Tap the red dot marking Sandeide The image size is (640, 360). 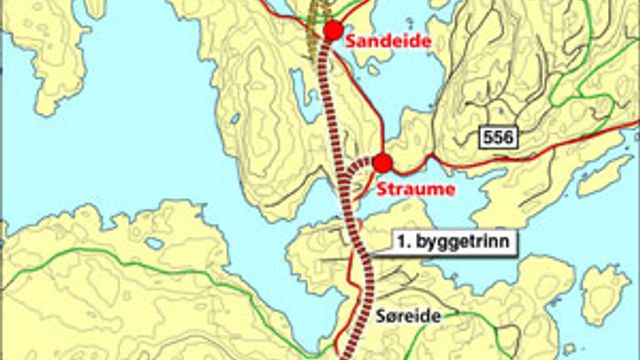click(333, 30)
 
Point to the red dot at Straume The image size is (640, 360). click(381, 162)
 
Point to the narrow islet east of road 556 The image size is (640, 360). click(604, 175)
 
